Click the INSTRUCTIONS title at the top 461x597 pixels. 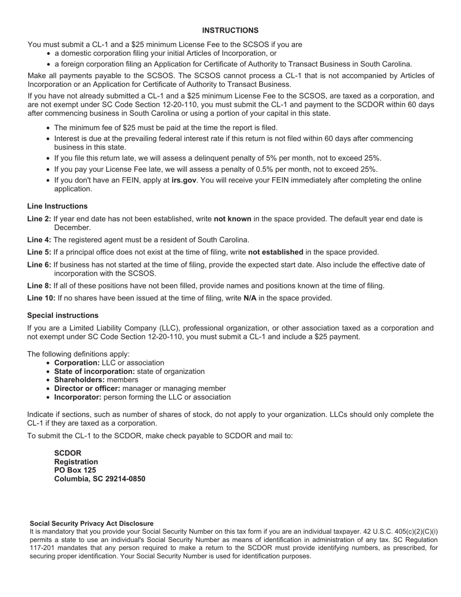[230, 31]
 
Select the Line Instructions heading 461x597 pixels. [57, 206]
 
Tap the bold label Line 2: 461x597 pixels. [39, 219]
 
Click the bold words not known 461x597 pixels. [232, 219]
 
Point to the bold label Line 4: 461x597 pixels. [39, 240]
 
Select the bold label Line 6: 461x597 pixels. [39, 265]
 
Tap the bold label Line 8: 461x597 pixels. [39, 286]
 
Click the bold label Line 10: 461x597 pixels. [41, 298]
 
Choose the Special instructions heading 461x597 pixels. [63, 315]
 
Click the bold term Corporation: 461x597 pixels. [77, 363]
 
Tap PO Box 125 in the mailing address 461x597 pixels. [75, 470]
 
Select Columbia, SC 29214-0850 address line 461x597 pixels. [99, 479]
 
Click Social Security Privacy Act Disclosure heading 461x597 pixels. [91, 524]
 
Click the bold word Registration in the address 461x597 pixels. [76, 462]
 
